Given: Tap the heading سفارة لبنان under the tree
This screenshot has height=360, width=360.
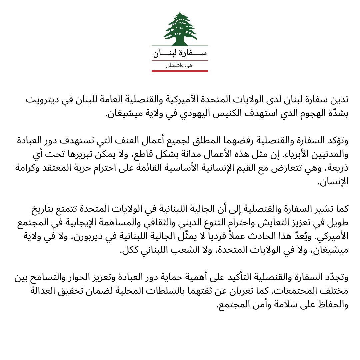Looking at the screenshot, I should pos(180,53).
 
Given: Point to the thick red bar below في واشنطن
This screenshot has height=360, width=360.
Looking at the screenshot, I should pos(180,71).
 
